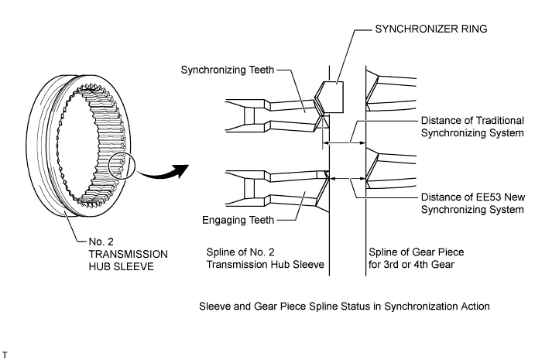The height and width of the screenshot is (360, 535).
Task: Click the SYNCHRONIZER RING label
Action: coord(431,29)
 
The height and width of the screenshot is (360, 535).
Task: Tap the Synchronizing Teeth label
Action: coord(227,70)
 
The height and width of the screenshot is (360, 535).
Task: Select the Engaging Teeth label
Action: coord(238,220)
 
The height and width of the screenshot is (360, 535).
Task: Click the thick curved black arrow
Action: coord(164,172)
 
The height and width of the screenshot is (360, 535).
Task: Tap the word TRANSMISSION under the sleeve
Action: coord(128,254)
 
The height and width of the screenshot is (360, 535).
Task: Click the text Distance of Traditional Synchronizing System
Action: coord(472,127)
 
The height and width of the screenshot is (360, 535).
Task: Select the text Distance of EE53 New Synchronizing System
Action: coord(472,203)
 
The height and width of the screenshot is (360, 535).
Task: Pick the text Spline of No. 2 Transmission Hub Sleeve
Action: coord(265,259)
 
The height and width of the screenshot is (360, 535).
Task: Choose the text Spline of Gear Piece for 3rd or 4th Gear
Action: coord(417,259)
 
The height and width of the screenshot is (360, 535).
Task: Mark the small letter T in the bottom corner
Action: coord(5,355)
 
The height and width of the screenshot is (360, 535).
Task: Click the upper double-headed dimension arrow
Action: coord(344,142)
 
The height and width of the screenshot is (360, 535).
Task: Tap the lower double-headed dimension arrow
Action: coord(348,178)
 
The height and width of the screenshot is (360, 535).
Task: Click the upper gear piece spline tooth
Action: coord(391,91)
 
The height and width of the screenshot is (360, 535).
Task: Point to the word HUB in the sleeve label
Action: coord(98,266)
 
